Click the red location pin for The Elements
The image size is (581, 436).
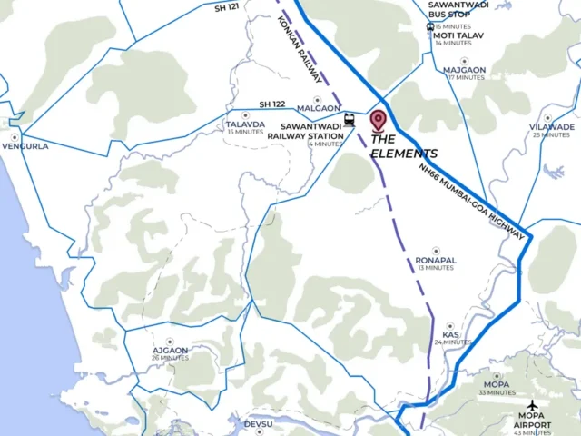tap(379, 120)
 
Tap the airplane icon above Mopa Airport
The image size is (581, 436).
tap(533, 403)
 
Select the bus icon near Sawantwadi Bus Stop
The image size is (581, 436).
tap(430, 26)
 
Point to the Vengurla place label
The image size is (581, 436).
tap(25, 145)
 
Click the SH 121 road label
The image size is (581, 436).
tap(227, 6)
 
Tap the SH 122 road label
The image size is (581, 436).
tap(272, 104)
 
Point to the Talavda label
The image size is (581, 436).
tap(245, 124)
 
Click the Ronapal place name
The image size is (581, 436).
tap(435, 260)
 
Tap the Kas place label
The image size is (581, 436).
tap(451, 335)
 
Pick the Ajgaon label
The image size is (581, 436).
tap(170, 351)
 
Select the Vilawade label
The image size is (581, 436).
tap(551, 127)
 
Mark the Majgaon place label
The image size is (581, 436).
tap(465, 70)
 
